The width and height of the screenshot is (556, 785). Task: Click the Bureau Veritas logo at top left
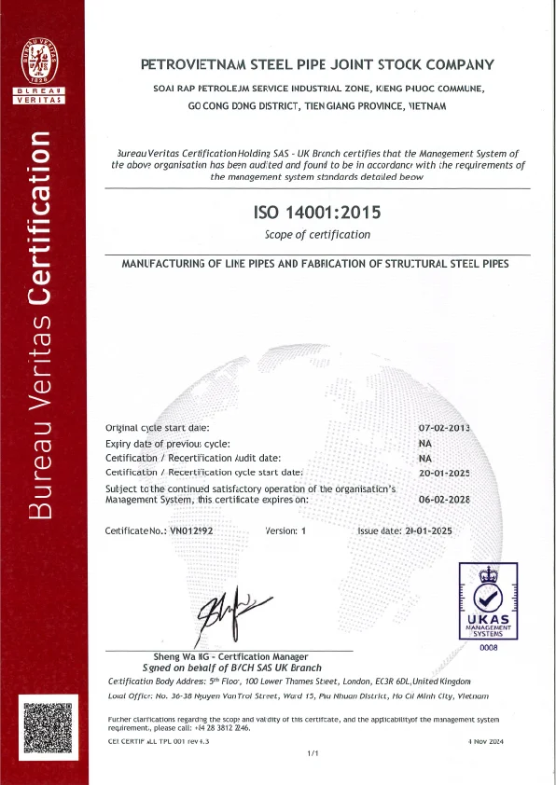click(39, 70)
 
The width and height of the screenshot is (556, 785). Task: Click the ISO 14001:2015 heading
click(317, 213)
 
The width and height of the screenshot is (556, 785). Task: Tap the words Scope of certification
click(317, 235)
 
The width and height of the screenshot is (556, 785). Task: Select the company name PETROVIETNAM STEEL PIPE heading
click(316, 65)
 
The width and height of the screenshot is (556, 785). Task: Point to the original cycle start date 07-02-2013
click(444, 428)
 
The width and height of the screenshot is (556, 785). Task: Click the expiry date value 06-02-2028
click(444, 499)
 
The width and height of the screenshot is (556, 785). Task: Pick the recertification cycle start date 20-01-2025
click(444, 473)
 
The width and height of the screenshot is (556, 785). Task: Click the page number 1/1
click(313, 753)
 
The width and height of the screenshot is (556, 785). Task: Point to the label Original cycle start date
click(158, 428)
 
